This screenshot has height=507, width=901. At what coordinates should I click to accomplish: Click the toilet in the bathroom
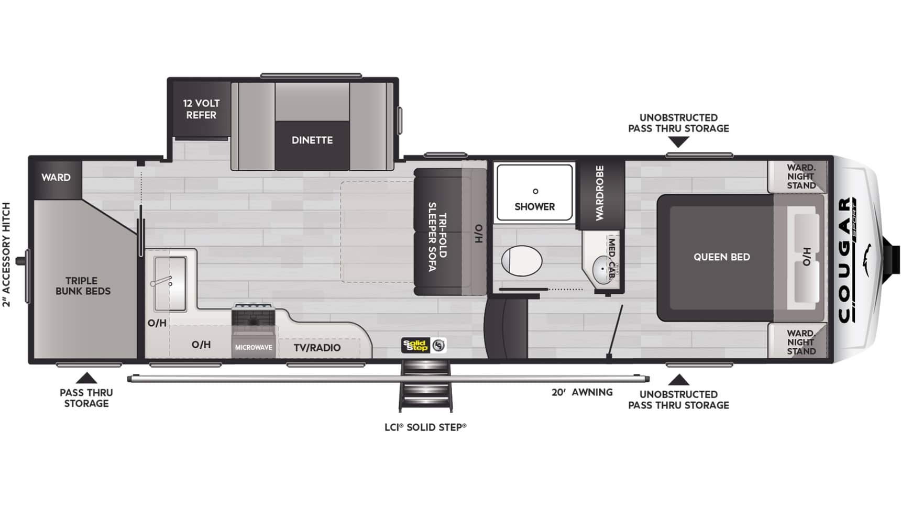pos(522,260)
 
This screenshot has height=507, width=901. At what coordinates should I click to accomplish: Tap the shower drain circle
pos(535,191)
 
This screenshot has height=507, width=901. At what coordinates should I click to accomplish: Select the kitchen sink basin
pos(170,283)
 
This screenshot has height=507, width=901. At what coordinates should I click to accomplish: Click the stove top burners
pos(254,315)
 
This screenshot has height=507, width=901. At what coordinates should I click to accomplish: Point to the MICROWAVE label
pos(254,347)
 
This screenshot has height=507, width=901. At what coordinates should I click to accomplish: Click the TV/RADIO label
pos(317,348)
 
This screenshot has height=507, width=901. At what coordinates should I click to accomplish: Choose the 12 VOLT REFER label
pos(201,109)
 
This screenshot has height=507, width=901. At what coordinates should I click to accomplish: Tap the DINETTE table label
pos(312,140)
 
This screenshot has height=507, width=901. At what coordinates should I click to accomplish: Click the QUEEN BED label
pos(722,257)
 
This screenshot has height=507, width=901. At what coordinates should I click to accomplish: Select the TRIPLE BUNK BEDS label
pos(83,286)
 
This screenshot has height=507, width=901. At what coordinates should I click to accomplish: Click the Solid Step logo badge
pos(424,345)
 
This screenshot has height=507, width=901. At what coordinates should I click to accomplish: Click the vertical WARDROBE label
pos(600,193)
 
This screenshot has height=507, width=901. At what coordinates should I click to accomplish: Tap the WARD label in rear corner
pos(56,178)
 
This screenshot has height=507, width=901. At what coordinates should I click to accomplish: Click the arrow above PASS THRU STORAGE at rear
pos(86,378)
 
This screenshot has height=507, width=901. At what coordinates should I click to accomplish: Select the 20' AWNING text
pos(582,392)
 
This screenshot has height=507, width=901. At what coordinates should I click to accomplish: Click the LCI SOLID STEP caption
pos(425,427)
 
